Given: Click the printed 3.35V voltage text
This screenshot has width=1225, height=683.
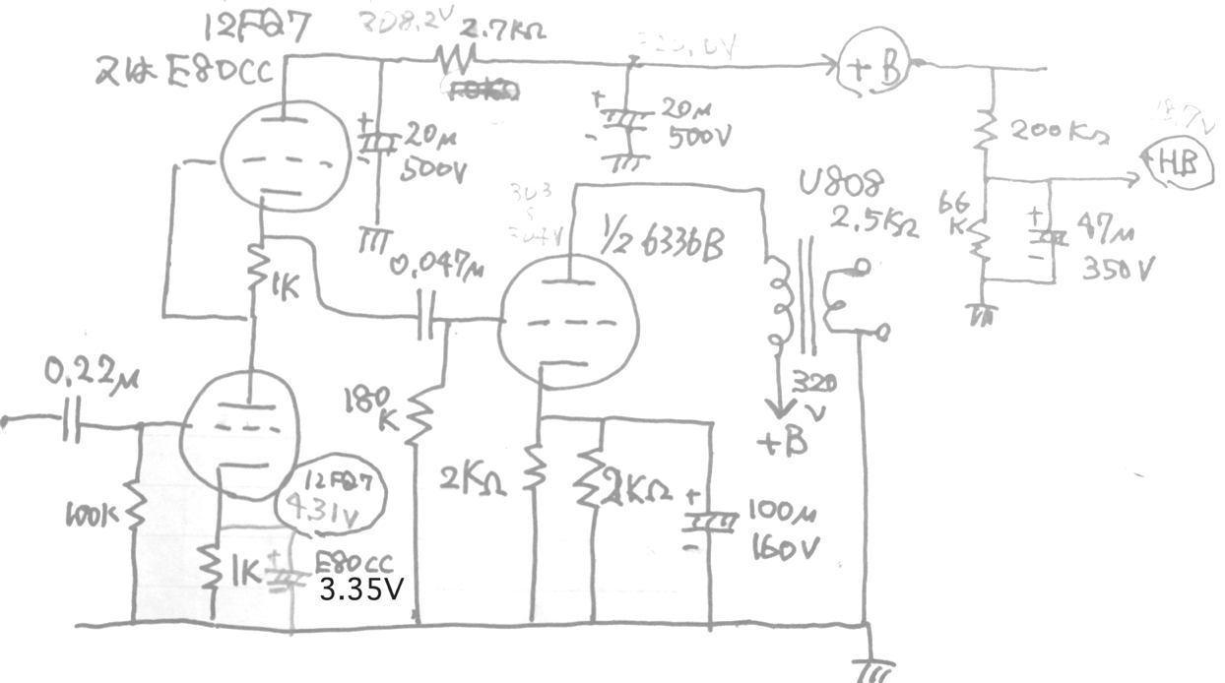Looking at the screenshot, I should (x=361, y=589).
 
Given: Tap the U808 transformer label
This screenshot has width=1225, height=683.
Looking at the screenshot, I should (x=842, y=185).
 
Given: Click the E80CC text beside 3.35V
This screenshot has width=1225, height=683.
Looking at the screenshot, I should (x=354, y=564).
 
